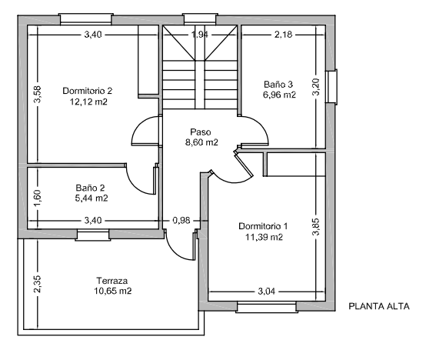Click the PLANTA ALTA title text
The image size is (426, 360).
(379, 306)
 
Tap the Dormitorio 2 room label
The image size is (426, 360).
(87, 91)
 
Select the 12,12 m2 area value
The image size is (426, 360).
(87, 101)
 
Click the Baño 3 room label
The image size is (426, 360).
(278, 85)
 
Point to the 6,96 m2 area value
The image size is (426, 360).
(278, 95)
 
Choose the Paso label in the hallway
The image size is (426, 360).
(201, 132)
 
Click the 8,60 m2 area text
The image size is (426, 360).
(201, 142)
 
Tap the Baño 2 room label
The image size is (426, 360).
(91, 187)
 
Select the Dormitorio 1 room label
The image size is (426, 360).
(263, 226)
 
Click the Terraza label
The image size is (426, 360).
(111, 281)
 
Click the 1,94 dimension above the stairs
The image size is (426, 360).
(199, 35)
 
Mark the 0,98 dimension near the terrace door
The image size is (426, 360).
(181, 221)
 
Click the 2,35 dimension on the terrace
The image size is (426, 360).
(36, 284)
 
